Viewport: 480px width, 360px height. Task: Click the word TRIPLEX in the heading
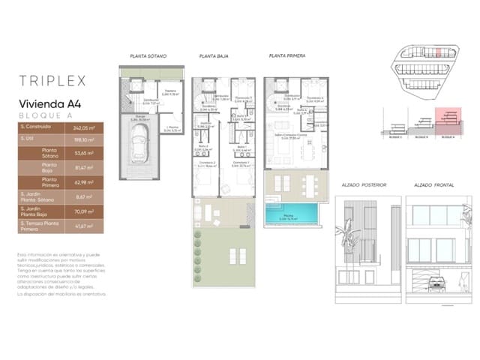pos(54,79)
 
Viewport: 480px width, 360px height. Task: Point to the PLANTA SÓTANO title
pos(148,56)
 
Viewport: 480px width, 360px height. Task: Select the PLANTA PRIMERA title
pos(286,56)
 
